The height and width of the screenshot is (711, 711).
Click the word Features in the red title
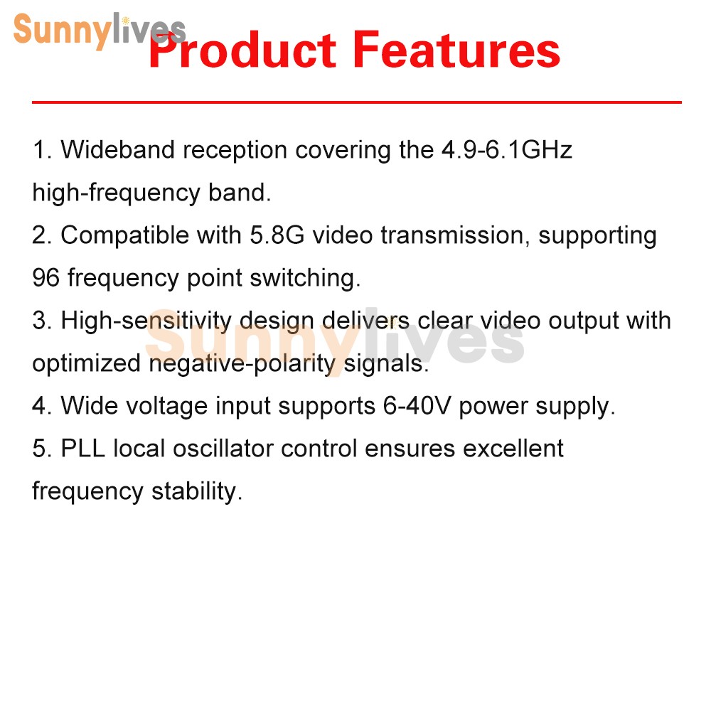456,51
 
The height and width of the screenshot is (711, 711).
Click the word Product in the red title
242,51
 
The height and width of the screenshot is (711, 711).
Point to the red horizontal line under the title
355,102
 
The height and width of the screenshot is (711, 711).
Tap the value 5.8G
277,235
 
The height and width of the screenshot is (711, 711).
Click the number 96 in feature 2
46,278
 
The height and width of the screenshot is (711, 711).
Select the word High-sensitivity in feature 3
146,321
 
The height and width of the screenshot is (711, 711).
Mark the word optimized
87,363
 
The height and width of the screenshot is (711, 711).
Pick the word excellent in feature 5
513,449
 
